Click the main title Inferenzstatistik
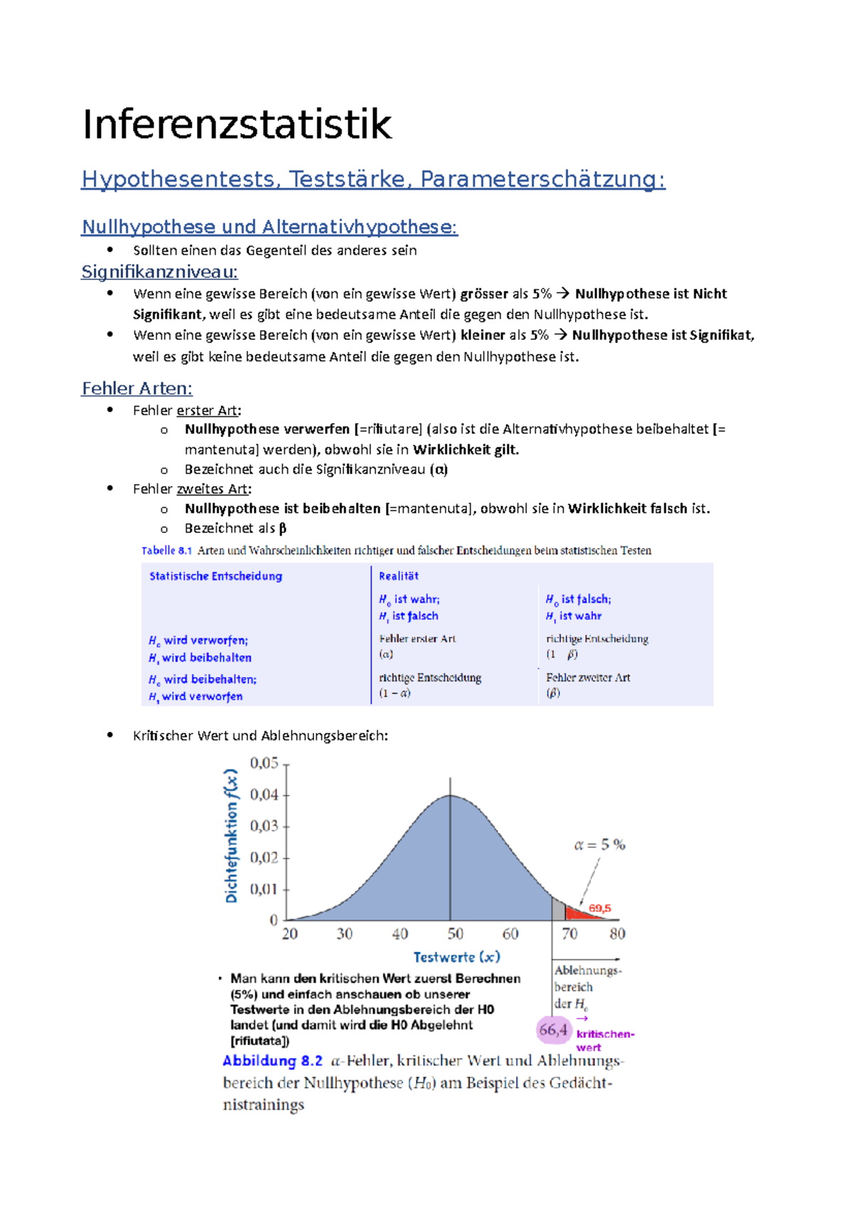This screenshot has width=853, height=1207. click(x=237, y=125)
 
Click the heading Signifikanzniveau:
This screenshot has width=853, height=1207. click(x=159, y=272)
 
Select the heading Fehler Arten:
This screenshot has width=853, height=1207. click(x=136, y=388)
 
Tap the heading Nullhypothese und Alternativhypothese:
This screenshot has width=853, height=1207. click(x=269, y=227)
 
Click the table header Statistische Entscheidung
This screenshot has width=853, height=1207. click(x=215, y=576)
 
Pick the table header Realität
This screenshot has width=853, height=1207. click(x=398, y=576)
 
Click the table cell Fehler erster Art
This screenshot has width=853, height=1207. click(x=417, y=638)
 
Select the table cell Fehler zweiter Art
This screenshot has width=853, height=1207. click(x=588, y=677)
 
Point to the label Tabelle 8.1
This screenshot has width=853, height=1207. click(x=166, y=550)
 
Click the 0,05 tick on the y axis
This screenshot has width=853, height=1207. click(x=264, y=763)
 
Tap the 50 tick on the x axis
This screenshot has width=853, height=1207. click(x=455, y=933)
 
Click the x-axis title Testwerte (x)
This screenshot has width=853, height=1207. click(x=456, y=957)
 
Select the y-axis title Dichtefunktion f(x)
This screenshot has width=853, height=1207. click(x=231, y=836)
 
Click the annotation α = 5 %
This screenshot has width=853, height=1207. click(x=599, y=844)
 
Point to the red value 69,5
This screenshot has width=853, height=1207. click(x=599, y=908)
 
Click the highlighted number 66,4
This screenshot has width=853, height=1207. click(x=553, y=1029)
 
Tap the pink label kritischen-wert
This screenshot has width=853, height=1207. click(x=604, y=1040)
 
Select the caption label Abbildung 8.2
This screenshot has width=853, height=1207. click(x=272, y=1061)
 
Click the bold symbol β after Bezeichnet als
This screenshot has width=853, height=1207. click(x=282, y=528)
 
